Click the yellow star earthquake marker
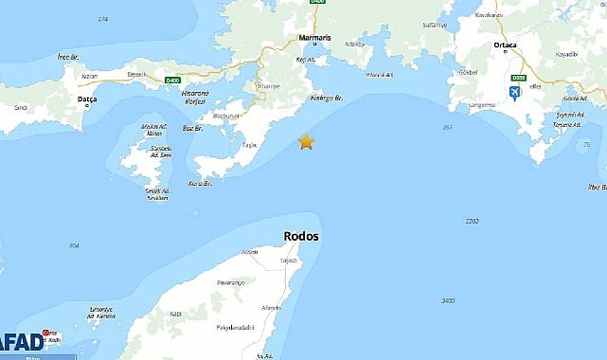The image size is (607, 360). [306, 141]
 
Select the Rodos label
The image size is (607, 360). [301, 237]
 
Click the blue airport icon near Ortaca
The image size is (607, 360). [515, 92]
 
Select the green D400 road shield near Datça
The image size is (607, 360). [172, 80]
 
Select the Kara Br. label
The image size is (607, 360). [198, 183]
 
